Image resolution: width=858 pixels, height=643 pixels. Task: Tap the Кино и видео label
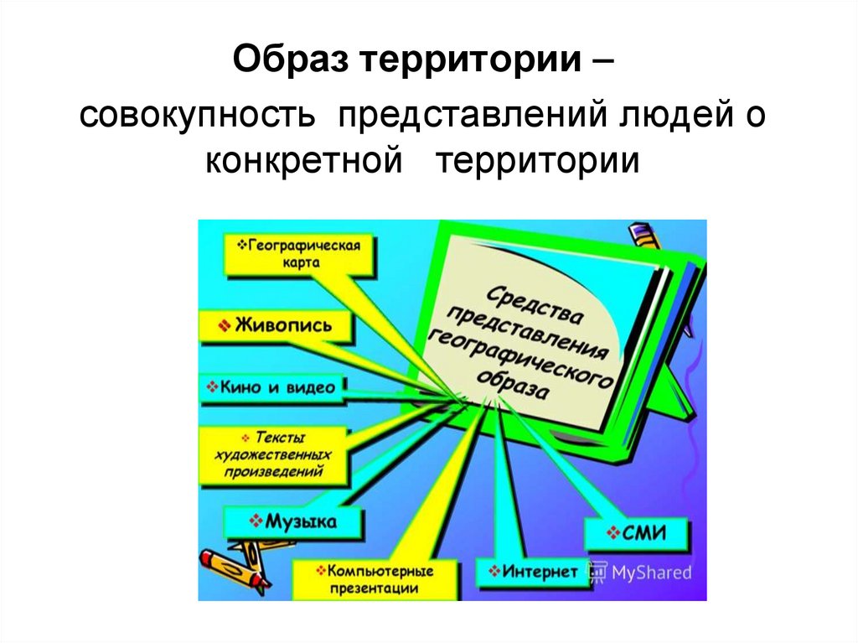point(272,387)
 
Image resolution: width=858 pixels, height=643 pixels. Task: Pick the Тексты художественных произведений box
point(274,455)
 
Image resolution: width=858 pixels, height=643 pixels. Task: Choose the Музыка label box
point(293,522)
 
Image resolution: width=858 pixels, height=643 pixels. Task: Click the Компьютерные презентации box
point(375,578)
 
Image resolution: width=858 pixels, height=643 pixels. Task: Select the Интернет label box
point(532,573)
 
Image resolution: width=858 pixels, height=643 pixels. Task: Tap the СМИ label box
point(636,533)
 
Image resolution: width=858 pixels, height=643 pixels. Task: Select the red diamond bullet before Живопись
point(223,326)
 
